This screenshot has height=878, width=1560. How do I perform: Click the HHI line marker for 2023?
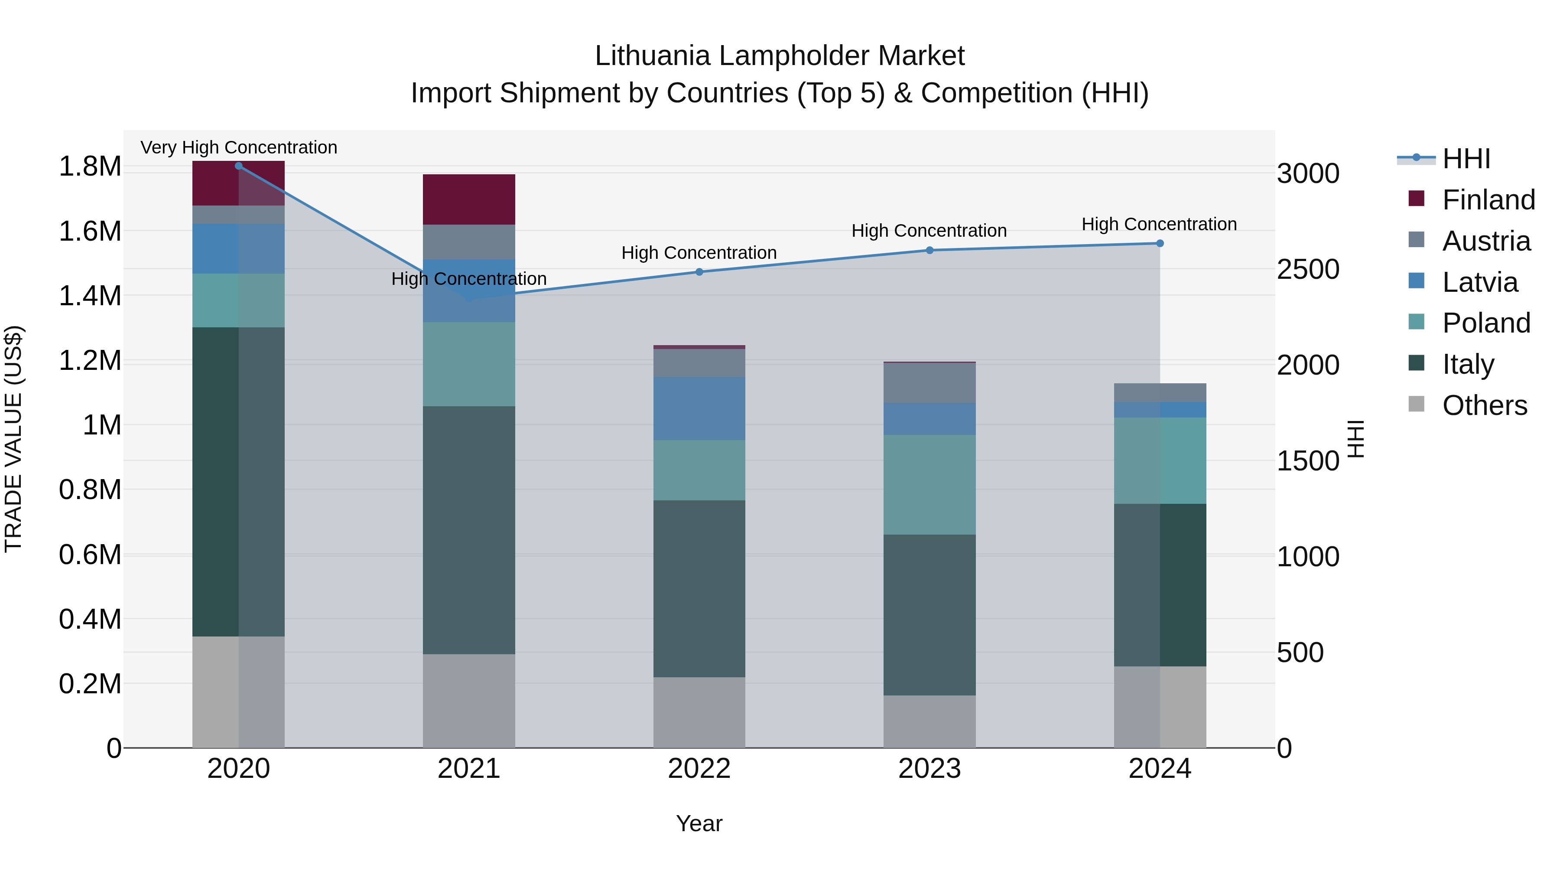tap(929, 250)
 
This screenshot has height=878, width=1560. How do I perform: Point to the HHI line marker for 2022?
tap(699, 272)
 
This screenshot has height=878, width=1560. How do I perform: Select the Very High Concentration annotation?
tap(239, 147)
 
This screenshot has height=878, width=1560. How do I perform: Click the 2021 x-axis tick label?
tap(469, 769)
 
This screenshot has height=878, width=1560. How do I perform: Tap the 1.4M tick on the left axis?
tap(90, 296)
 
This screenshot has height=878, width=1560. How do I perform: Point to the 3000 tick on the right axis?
tap(1308, 174)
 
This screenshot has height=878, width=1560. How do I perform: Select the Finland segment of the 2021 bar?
tap(469, 199)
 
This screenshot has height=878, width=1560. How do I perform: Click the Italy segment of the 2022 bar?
tap(699, 588)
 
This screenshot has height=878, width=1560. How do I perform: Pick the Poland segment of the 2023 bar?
tap(929, 484)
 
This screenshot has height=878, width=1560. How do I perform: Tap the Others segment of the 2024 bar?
tap(1160, 707)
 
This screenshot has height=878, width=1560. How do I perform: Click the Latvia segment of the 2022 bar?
tap(699, 408)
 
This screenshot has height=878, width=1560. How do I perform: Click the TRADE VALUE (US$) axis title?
tap(13, 439)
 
